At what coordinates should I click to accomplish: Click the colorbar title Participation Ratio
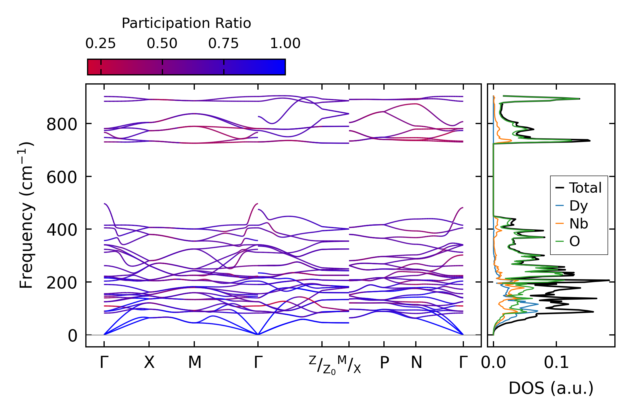pyautogui.click(x=186, y=23)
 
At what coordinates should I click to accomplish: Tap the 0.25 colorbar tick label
pyautogui.click(x=101, y=44)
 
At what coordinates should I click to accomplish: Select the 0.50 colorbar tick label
pyautogui.click(x=162, y=44)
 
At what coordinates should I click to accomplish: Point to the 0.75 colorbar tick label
pyautogui.click(x=224, y=44)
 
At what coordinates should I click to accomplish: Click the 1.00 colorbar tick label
pyautogui.click(x=285, y=44)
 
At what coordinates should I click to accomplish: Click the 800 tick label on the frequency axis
pyautogui.click(x=62, y=125)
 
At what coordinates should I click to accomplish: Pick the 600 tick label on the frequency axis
pyautogui.click(x=62, y=178)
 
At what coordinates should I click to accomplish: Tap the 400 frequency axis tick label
pyautogui.click(x=62, y=230)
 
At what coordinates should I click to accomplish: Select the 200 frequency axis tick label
pyautogui.click(x=62, y=283)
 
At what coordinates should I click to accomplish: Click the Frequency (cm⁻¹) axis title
pyautogui.click(x=26, y=215)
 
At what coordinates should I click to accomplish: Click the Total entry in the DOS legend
pyautogui.click(x=585, y=188)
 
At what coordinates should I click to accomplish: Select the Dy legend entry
pyautogui.click(x=578, y=206)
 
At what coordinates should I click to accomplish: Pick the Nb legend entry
pyautogui.click(x=579, y=224)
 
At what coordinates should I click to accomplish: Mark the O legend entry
pyautogui.click(x=575, y=242)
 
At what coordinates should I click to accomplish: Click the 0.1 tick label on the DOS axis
pyautogui.click(x=556, y=363)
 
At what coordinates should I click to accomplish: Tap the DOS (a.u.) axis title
pyautogui.click(x=551, y=388)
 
